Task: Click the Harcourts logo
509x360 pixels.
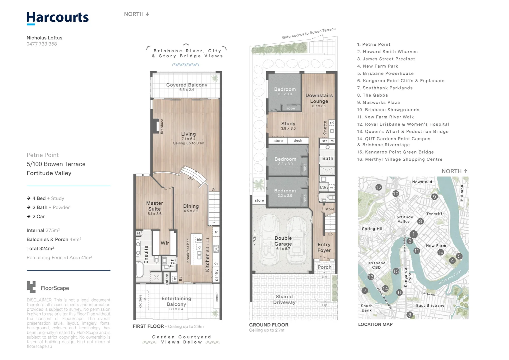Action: pos(58,18)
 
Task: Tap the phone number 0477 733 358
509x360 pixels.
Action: pos(42,44)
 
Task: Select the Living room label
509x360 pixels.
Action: pos(188,134)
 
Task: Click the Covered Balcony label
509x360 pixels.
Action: pos(187,85)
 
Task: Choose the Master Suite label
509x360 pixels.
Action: pos(155,206)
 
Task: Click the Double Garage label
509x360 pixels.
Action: pos(283,241)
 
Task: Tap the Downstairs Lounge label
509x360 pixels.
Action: pos(319,98)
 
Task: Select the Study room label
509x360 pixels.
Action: pos(288,124)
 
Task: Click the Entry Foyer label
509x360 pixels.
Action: pos(324,247)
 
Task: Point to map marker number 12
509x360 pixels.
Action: pos(378,187)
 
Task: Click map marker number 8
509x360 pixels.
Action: pos(410,315)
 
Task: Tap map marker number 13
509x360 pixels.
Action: pos(371,277)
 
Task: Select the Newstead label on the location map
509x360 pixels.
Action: pos(422,182)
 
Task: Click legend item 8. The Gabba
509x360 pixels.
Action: pos(372,95)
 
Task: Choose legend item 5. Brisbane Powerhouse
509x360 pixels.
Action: pos(385,74)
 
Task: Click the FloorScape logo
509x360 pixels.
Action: pos(48,287)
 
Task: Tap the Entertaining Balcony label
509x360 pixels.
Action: pos(176,301)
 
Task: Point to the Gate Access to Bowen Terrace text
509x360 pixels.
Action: pos(308,33)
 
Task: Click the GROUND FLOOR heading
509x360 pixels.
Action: pos(268,325)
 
